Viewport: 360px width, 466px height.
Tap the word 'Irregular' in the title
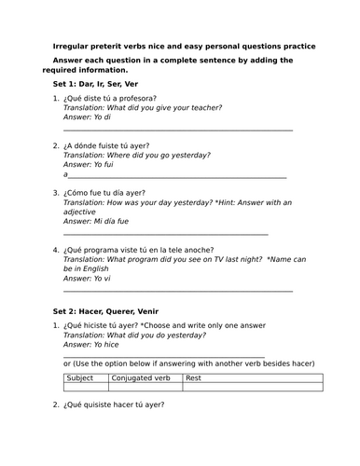(76, 45)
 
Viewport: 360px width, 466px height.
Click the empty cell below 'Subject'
(86, 387)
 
